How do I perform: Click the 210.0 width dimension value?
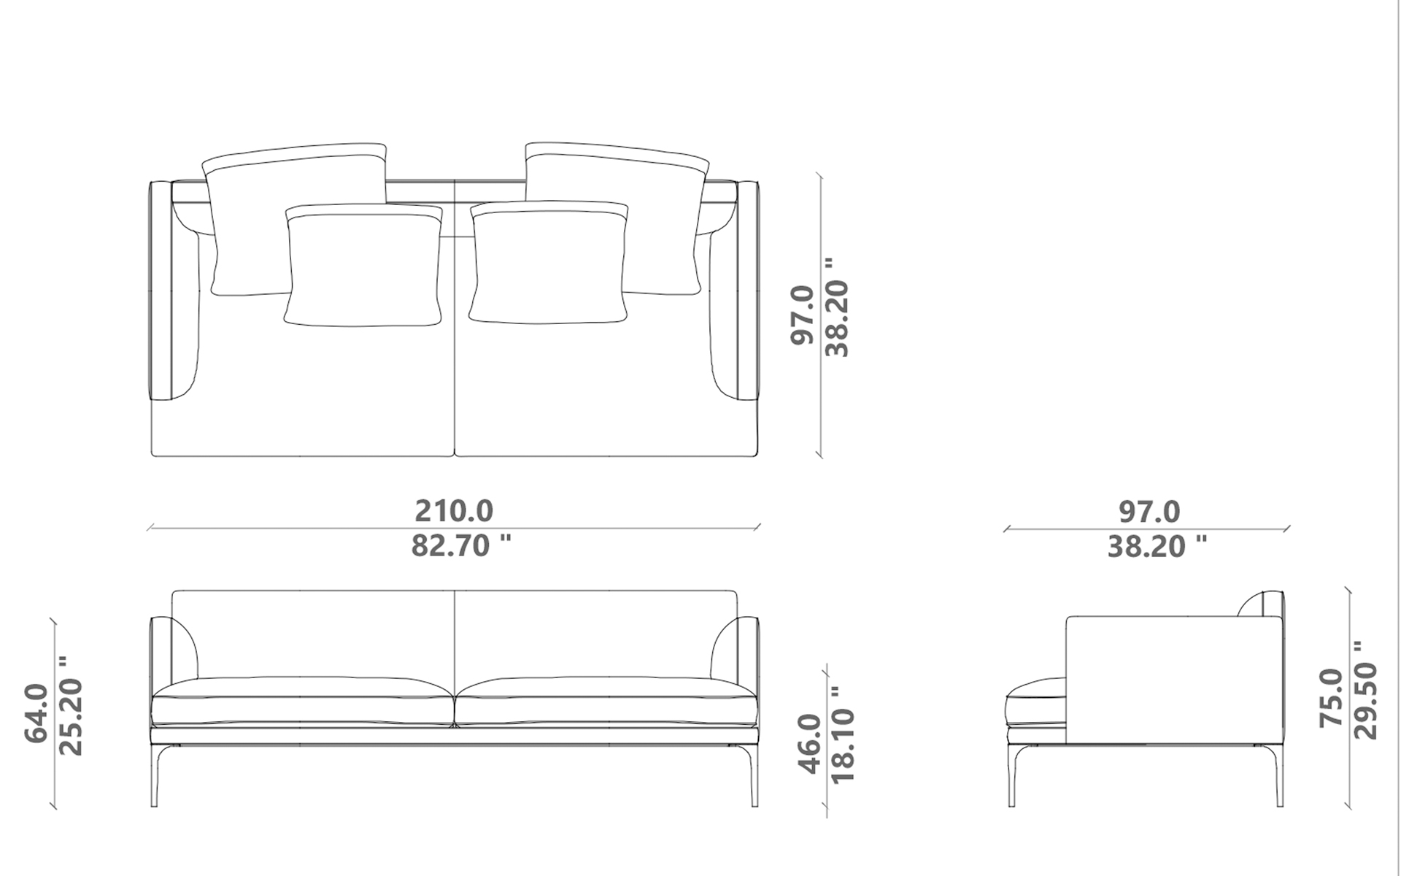(x=454, y=511)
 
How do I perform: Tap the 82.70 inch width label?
(x=461, y=545)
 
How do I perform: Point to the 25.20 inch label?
(x=70, y=706)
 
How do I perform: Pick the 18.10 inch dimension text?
(x=843, y=734)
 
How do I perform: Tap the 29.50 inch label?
(x=1364, y=690)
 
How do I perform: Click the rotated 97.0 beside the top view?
(x=803, y=315)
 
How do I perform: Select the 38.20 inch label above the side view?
(x=1157, y=545)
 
